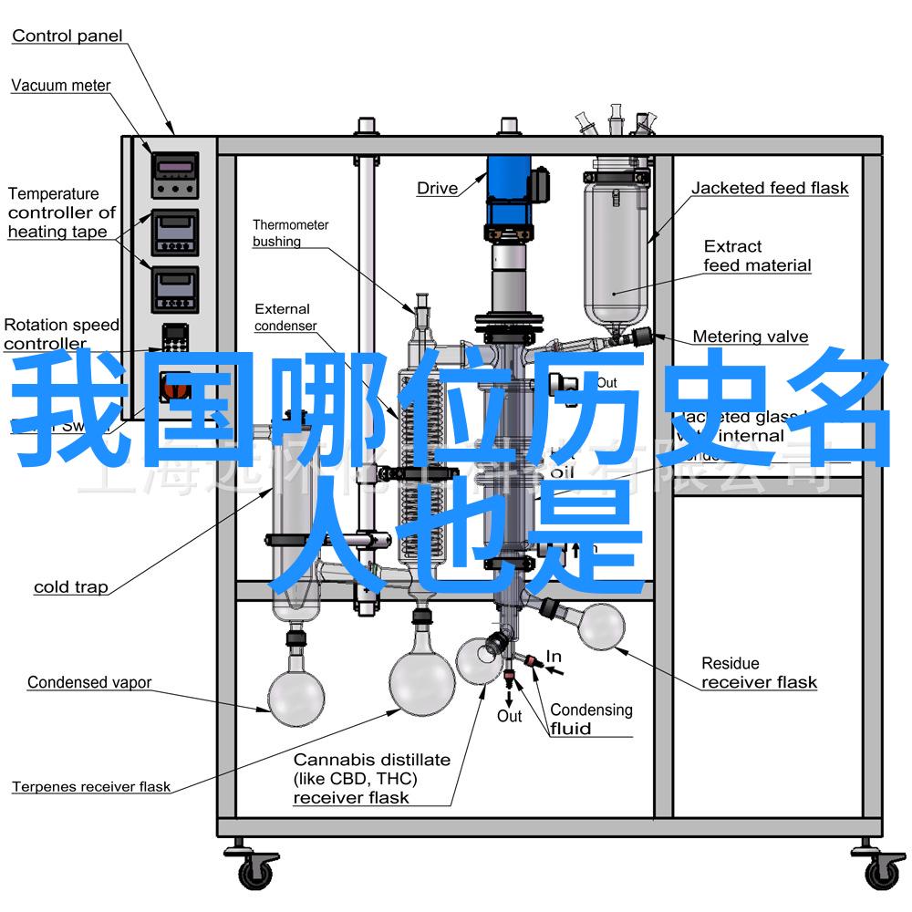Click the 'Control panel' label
coord(67,36)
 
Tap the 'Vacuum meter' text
coord(60,86)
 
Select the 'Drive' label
coord(437,189)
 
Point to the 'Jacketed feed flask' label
coord(769,189)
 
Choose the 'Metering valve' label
coord(750,337)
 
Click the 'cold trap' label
coord(70,587)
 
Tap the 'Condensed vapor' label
coord(88,682)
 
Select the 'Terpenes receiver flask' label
coord(90,786)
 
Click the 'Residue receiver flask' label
coord(758,673)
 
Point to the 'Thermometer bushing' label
coord(290,233)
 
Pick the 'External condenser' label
coord(285,317)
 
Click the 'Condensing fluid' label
coord(590,719)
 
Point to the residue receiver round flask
coord(599,627)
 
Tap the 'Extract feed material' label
coord(756,255)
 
